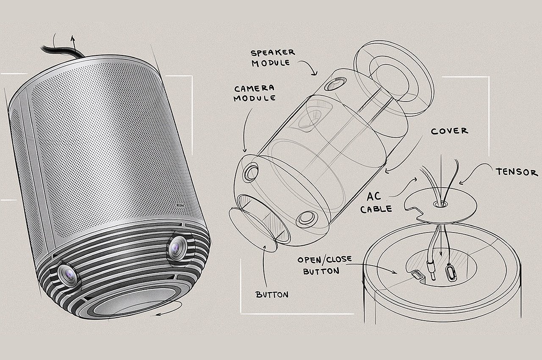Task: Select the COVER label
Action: (x=450, y=131)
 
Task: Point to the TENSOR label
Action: (x=517, y=172)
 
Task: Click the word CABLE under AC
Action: (x=376, y=209)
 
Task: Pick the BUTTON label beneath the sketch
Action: (x=272, y=294)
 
